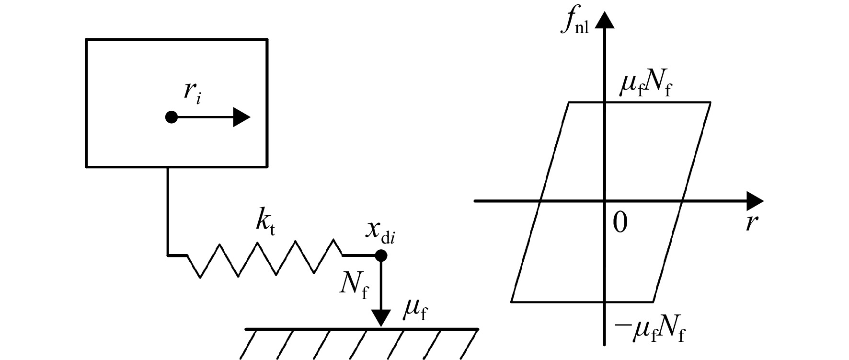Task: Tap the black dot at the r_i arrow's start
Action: (171, 117)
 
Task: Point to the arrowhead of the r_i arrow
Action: (241, 117)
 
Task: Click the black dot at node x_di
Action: (381, 255)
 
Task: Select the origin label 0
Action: (620, 223)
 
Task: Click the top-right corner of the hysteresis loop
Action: (710, 102)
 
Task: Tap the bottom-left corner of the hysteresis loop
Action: (512, 302)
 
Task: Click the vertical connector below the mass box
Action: (168, 211)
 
